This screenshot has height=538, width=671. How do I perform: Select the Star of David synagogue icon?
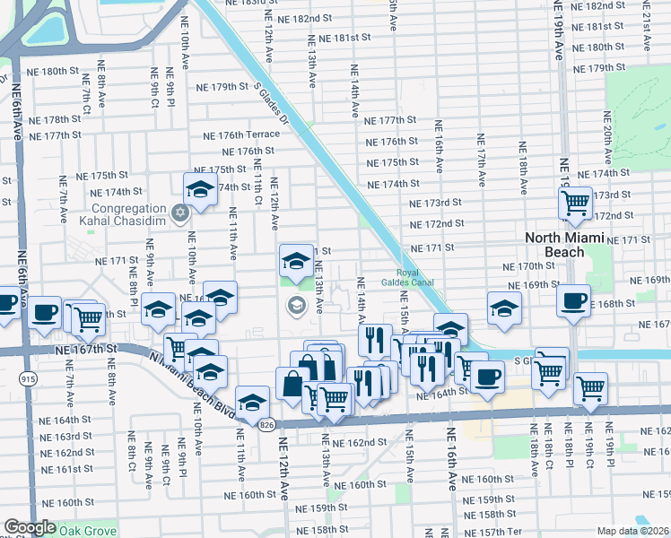[x=181, y=213]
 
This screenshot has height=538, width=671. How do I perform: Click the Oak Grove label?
[x=89, y=528]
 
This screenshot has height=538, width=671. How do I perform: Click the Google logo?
[x=30, y=527]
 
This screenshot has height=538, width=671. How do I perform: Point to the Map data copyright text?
[x=632, y=531]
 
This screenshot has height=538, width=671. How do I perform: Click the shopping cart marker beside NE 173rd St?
[x=575, y=203]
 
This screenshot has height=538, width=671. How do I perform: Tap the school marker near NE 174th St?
[x=200, y=189]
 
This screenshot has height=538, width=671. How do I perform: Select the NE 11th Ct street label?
[x=257, y=181]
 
